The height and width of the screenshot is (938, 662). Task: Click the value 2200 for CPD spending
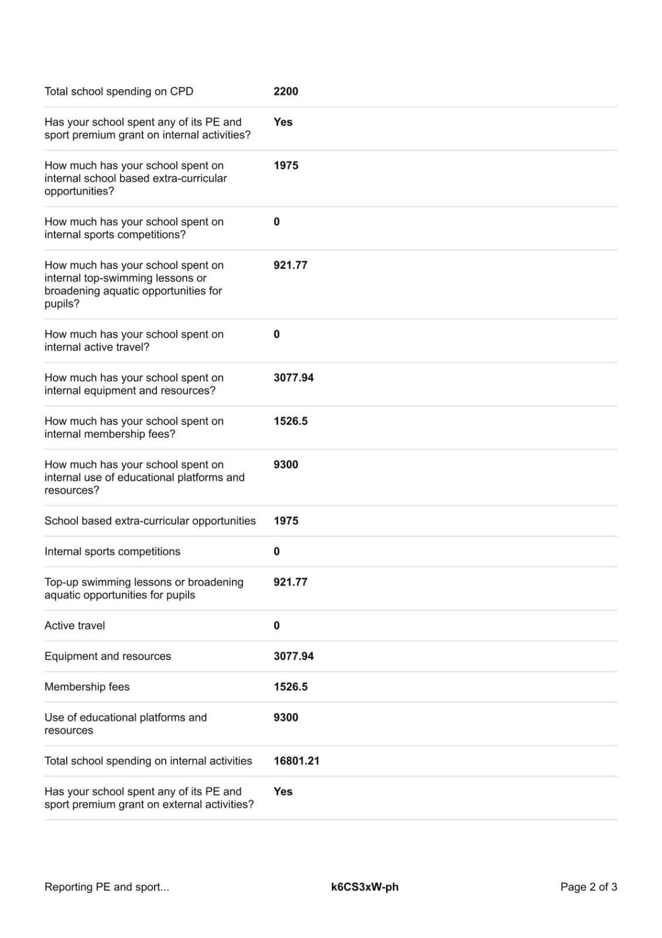coord(286,91)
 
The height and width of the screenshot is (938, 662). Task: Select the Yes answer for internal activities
coord(283,122)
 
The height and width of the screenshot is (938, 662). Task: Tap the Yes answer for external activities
coord(283,791)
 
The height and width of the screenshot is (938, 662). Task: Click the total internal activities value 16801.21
coord(296,761)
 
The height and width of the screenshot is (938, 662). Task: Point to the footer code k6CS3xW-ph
coord(364,887)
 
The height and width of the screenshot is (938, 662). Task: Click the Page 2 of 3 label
coord(588,887)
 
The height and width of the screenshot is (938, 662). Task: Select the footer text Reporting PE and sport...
coord(107,887)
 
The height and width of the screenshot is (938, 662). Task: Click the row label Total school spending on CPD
coord(119,91)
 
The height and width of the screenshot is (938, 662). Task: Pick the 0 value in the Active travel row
coord(277,626)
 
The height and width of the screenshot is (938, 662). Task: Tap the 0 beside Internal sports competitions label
coord(277,552)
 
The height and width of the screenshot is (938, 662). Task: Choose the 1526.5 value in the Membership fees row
coord(291,686)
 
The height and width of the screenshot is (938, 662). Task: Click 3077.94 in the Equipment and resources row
coord(294,656)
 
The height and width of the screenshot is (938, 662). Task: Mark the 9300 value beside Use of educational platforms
coord(286,718)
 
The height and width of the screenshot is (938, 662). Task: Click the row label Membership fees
coord(87,686)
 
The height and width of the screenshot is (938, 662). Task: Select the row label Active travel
coord(75,626)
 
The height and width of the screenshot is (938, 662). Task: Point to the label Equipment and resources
coord(108,656)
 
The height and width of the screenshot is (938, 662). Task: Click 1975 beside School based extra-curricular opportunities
coord(286,521)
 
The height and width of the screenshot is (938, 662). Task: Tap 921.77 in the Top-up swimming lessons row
coord(291,582)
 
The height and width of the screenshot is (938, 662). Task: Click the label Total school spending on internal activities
coord(148,761)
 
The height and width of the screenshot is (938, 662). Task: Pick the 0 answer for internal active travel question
coord(277,335)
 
